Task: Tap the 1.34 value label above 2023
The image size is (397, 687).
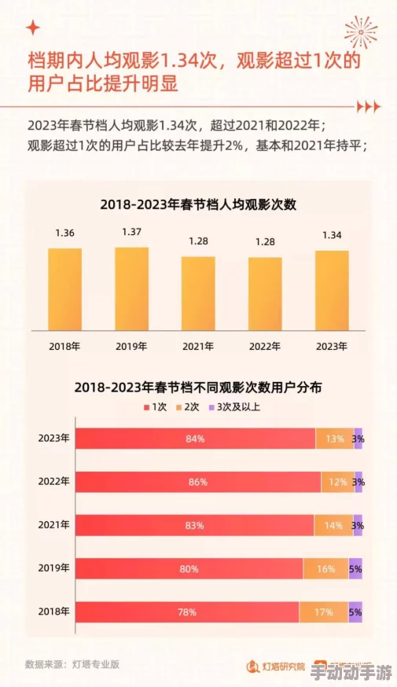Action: pyautogui.click(x=331, y=235)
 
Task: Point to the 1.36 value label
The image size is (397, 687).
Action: pyautogui.click(x=64, y=233)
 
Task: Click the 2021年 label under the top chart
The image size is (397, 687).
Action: pyautogui.click(x=198, y=346)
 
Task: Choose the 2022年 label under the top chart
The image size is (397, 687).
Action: pyautogui.click(x=265, y=346)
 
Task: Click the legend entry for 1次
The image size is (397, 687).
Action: pyautogui.click(x=155, y=406)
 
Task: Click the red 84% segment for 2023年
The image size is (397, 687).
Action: pyautogui.click(x=195, y=439)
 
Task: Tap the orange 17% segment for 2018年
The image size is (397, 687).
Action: pyautogui.click(x=323, y=612)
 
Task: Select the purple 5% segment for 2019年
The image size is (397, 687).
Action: pyautogui.click(x=355, y=568)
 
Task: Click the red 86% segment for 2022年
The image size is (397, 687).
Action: pyautogui.click(x=197, y=482)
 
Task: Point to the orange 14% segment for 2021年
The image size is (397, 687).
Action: pyautogui.click(x=333, y=525)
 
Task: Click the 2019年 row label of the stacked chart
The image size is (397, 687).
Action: pyautogui.click(x=53, y=568)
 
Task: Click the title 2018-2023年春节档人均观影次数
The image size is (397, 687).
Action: pyautogui.click(x=197, y=204)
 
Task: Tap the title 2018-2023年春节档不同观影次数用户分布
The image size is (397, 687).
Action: pyautogui.click(x=198, y=388)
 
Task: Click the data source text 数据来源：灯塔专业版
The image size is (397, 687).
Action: pyautogui.click(x=72, y=664)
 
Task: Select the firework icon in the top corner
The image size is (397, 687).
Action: pyautogui.click(x=360, y=31)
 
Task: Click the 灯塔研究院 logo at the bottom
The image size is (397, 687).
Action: pyautogui.click(x=276, y=666)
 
